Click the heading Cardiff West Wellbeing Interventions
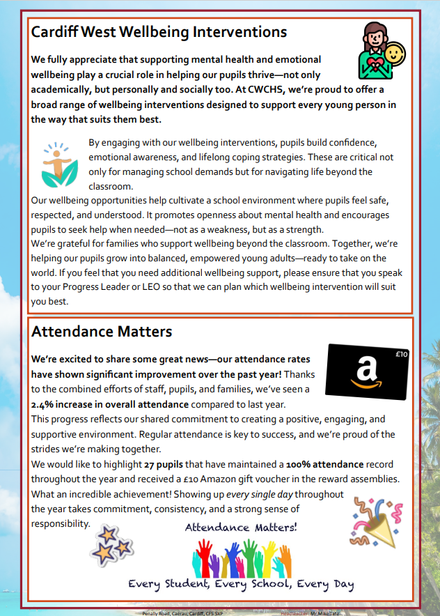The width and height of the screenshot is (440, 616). [159, 32]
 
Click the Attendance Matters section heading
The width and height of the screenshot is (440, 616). [102, 332]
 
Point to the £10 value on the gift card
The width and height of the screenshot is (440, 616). [401, 354]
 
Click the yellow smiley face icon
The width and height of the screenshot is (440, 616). [395, 54]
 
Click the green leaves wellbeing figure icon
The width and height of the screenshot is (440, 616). [58, 164]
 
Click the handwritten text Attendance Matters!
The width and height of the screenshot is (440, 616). [241, 528]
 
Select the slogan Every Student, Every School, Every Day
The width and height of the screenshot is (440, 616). [241, 584]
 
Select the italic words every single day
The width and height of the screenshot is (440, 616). [260, 494]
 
